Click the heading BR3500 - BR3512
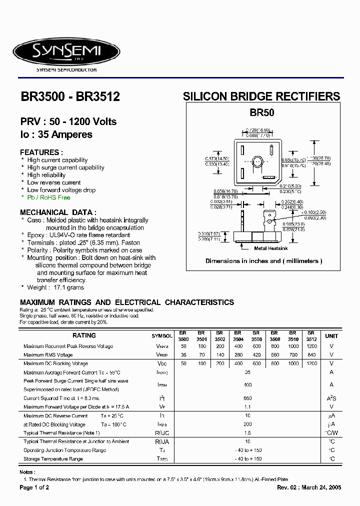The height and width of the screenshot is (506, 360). pos(70,96)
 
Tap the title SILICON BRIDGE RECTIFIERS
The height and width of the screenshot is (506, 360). pos(261,96)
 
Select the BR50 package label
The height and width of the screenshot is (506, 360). pos(262,113)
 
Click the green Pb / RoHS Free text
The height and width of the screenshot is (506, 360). pos(49,197)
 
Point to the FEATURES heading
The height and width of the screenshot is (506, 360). pos(41,152)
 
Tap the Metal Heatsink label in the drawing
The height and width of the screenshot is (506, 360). pos(270,248)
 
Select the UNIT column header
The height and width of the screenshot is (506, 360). pos(331,336)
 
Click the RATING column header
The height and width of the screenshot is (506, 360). pos(84,335)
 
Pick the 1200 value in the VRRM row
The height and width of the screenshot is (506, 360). pos(311,346)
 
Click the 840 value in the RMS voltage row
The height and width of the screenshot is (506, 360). pos(311,355)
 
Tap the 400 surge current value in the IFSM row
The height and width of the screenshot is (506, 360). pos(247,385)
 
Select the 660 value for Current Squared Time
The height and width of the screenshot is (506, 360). pos(247,398)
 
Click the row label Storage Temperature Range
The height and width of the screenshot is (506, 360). pos(53,458)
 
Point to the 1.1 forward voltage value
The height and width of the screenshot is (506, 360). pos(247,407)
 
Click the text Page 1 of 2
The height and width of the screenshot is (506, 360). pos(34,487)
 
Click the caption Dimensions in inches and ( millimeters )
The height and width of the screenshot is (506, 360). pos(263,261)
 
